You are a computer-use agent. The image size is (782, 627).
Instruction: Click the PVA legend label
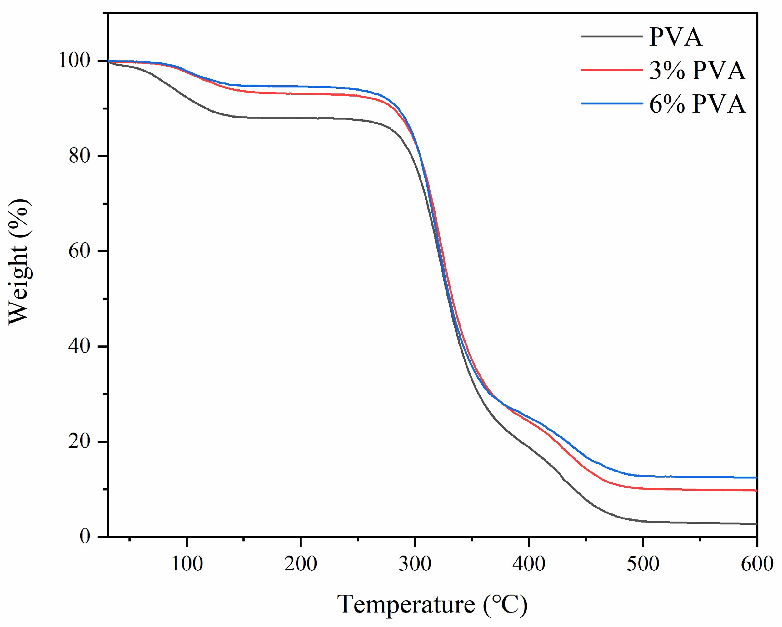[675, 37]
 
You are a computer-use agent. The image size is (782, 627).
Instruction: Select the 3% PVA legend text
[697, 70]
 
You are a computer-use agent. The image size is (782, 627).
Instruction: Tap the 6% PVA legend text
[697, 104]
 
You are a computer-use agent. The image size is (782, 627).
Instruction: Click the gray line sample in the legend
[611, 36]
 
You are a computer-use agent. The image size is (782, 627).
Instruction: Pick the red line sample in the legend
[611, 70]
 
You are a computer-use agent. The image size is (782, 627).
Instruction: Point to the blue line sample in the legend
[611, 104]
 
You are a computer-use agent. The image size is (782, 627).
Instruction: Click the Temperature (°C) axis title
[432, 605]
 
